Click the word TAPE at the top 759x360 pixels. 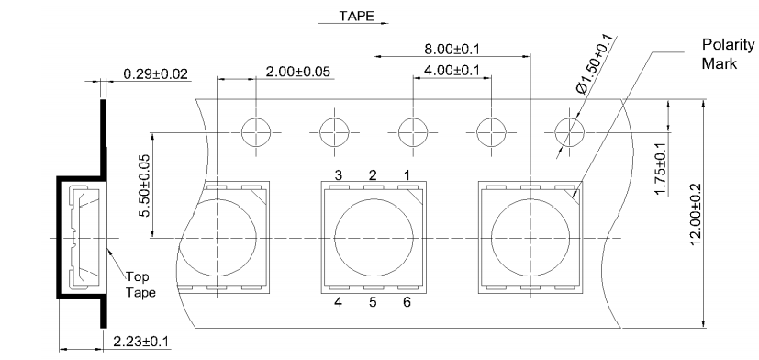click(356, 16)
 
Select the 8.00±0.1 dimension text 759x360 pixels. click(452, 49)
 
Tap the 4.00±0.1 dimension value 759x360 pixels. click(452, 71)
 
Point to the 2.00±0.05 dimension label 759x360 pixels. click(297, 72)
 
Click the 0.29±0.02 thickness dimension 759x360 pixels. click(155, 74)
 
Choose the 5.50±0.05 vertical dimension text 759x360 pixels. click(144, 186)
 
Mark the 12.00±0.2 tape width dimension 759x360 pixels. click(696, 214)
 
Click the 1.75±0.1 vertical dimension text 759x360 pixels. click(660, 169)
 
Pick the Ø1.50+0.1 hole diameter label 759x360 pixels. click(595, 63)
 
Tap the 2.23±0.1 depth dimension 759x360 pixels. click(140, 342)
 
